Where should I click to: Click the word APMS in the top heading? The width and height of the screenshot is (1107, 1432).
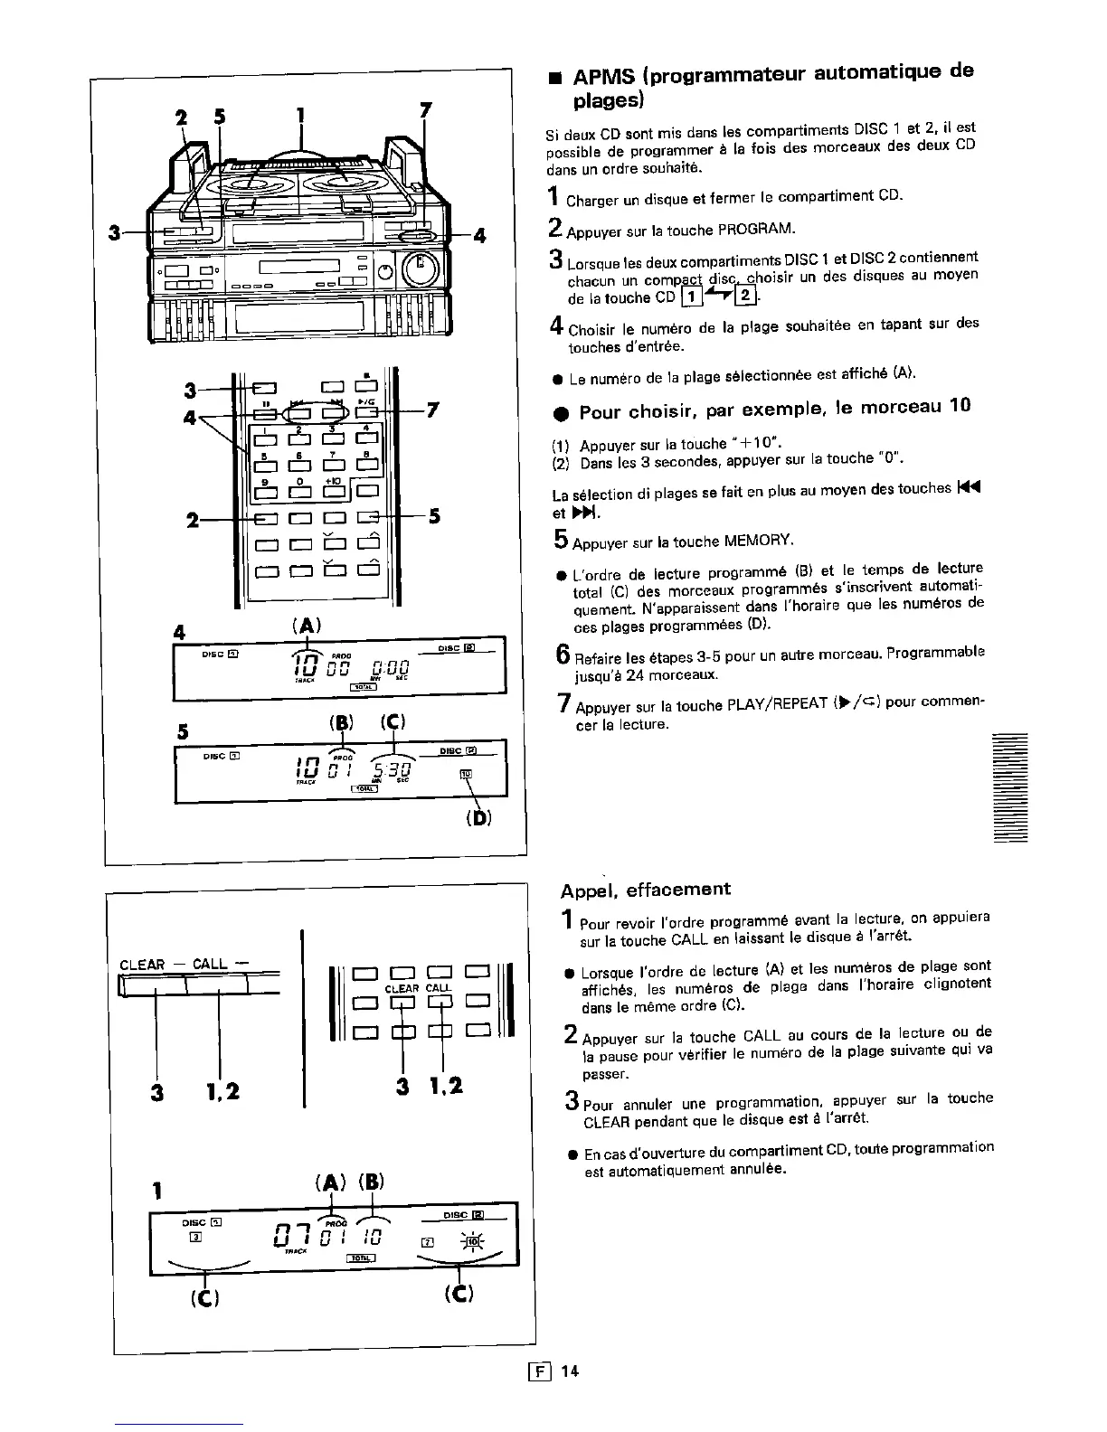(x=604, y=71)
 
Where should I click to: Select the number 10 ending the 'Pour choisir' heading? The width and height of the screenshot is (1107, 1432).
(x=960, y=406)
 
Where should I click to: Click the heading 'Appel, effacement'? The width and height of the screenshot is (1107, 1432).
(x=645, y=889)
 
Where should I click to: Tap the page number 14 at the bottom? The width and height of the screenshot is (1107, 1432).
(x=569, y=1371)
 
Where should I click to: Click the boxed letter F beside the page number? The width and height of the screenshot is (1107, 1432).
(x=545, y=1371)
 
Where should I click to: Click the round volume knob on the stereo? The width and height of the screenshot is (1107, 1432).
(x=419, y=268)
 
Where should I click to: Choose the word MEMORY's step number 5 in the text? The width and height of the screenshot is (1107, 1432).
(x=560, y=541)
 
